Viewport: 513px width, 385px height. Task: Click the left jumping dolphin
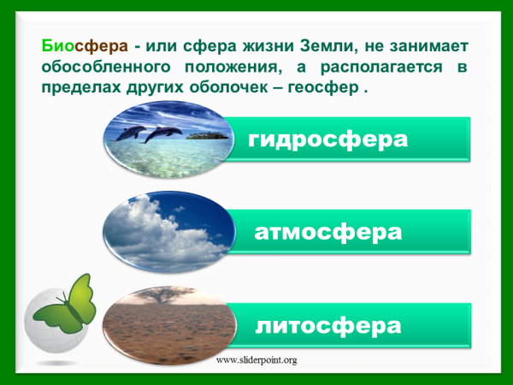tap(133, 133)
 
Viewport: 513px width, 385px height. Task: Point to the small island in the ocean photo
tap(207, 135)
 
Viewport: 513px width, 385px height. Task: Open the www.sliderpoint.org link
tap(256, 360)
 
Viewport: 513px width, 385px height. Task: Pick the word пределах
tap(81, 88)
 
